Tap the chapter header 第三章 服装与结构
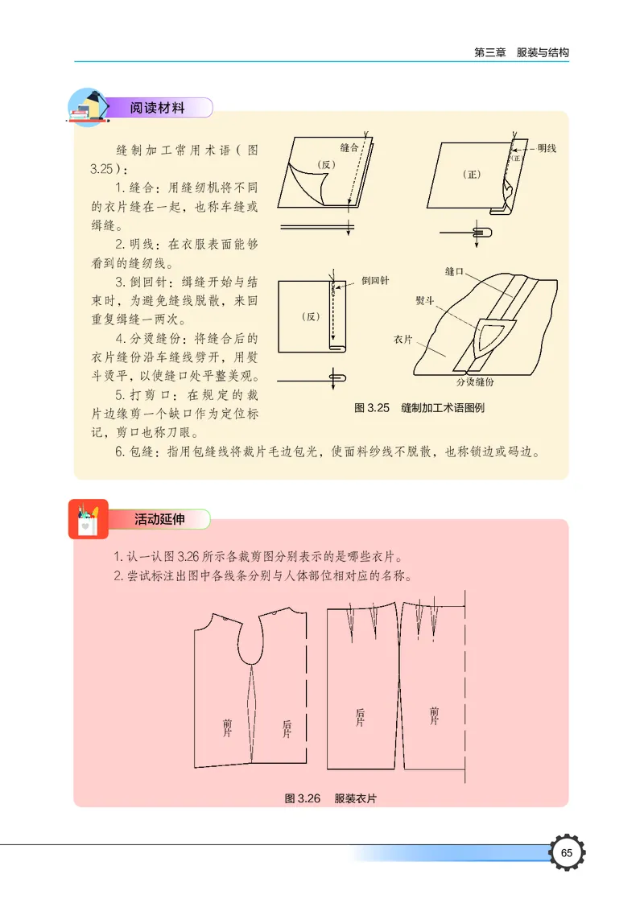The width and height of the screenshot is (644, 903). pyautogui.click(x=522, y=52)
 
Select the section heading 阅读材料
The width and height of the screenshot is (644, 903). pyautogui.click(x=159, y=108)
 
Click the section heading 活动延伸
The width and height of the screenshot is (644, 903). pyautogui.click(x=159, y=519)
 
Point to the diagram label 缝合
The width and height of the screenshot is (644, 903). pyautogui.click(x=349, y=147)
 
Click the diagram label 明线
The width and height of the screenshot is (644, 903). pyautogui.click(x=547, y=148)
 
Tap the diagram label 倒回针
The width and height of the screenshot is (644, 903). pyautogui.click(x=375, y=280)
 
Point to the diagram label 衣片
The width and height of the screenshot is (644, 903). pyautogui.click(x=404, y=340)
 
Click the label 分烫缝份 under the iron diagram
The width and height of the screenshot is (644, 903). pyautogui.click(x=475, y=381)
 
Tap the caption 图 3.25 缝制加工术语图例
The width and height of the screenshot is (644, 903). pyautogui.click(x=419, y=407)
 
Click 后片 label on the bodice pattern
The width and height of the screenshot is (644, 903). pyautogui.click(x=287, y=729)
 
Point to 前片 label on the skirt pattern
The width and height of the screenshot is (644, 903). pyautogui.click(x=435, y=716)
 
